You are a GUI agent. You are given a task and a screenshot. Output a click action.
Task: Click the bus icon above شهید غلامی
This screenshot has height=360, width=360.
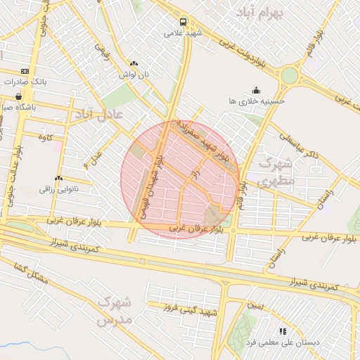point(183,22)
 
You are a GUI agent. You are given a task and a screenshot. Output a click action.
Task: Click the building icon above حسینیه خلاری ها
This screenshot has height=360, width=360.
point(256,90)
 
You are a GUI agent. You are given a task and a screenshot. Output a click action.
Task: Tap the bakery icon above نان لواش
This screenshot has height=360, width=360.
point(134,63)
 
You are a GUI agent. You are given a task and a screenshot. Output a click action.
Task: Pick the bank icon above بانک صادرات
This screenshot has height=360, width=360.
point(25,71)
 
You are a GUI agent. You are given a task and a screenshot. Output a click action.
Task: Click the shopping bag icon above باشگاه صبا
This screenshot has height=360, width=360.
point(18,96)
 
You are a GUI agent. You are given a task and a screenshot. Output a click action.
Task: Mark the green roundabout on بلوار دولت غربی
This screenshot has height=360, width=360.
point(289,75)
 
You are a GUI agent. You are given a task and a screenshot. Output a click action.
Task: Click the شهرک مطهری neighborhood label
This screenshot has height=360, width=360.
point(275,172)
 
